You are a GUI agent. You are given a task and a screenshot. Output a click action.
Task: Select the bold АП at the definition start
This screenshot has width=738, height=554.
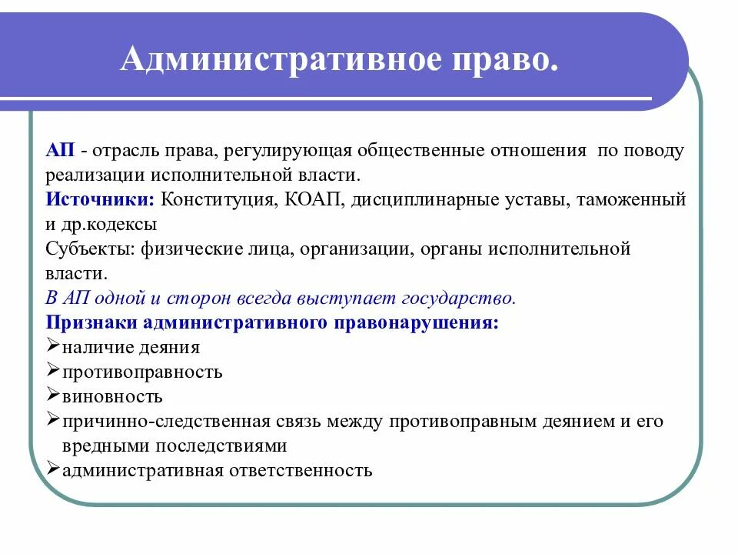click(x=60, y=151)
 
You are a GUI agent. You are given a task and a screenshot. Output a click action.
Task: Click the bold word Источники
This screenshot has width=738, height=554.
click(x=101, y=200)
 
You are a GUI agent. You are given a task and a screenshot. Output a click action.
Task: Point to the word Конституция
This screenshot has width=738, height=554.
click(x=219, y=200)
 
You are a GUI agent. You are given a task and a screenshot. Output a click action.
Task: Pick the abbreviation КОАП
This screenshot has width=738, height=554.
click(x=317, y=200)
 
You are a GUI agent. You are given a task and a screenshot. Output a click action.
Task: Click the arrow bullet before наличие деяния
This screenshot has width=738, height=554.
click(x=53, y=346)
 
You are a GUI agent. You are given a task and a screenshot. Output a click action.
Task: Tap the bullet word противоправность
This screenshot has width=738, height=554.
click(x=143, y=372)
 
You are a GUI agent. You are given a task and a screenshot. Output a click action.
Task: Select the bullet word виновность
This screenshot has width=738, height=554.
click(x=113, y=396)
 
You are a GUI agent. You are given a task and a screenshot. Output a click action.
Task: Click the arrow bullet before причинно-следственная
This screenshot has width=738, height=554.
click(x=53, y=420)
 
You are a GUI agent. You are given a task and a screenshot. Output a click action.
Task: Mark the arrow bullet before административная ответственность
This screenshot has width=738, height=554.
click(x=53, y=469)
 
